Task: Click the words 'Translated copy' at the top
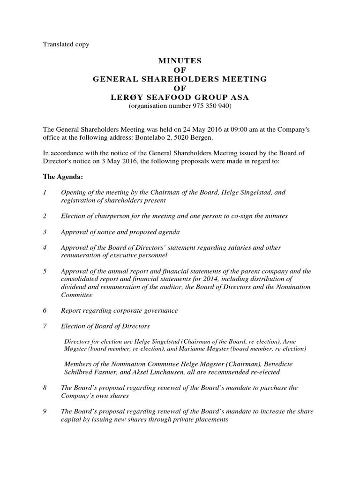66,45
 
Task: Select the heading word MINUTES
180,61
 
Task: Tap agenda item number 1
45,193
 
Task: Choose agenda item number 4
45,247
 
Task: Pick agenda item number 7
45,326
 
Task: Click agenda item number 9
45,412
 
